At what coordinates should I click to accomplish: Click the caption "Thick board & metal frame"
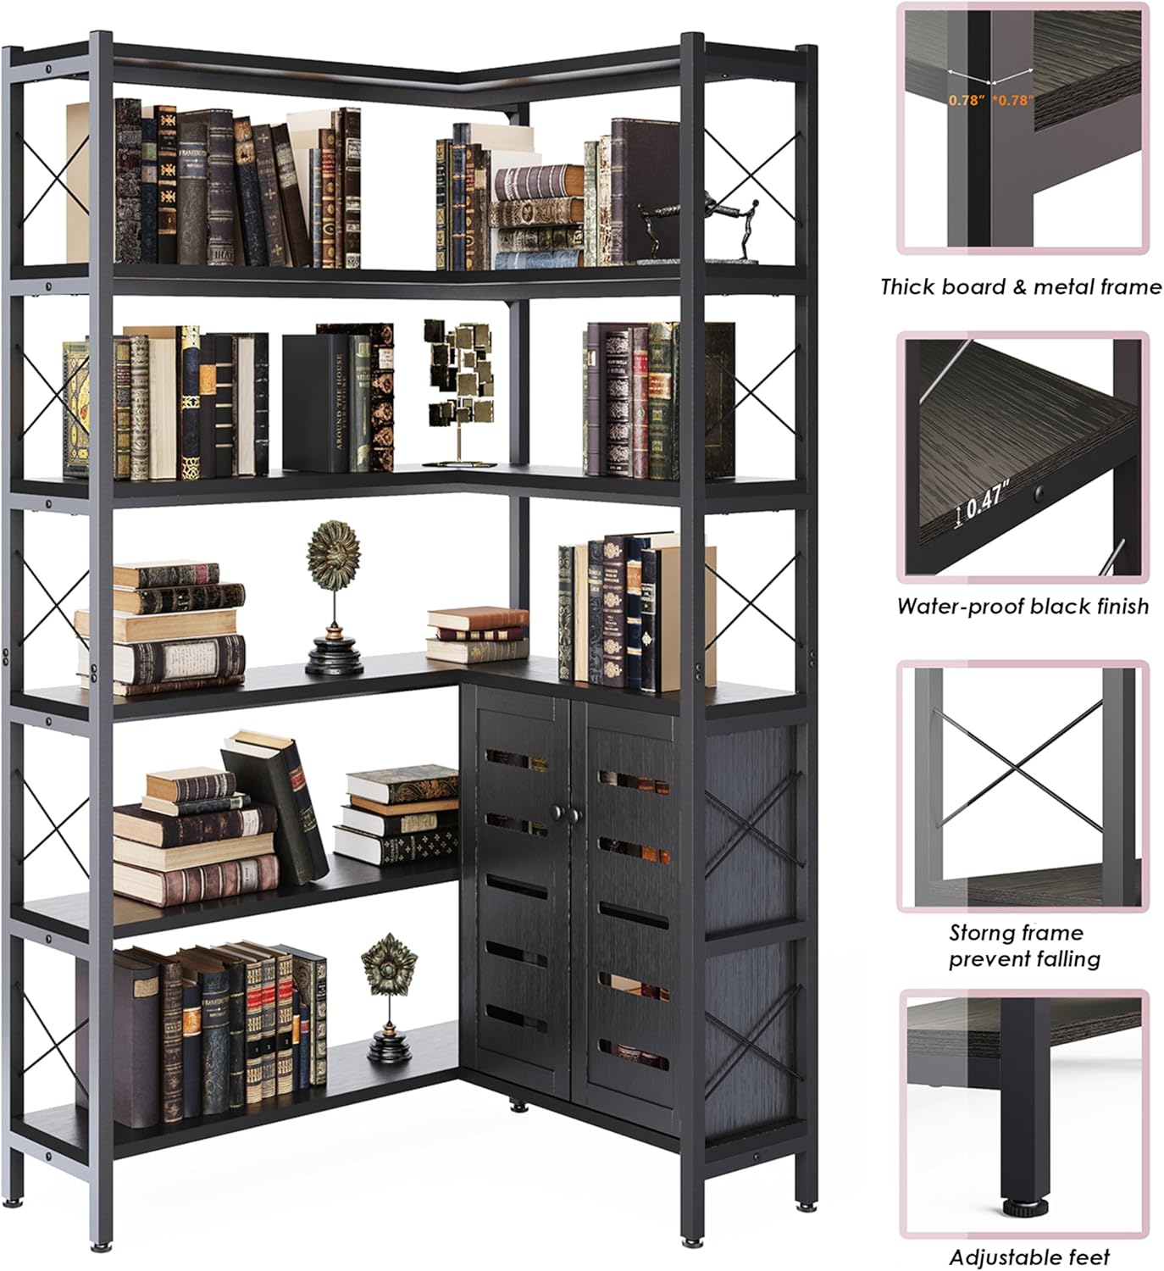coord(1021,287)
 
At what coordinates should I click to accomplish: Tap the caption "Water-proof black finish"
coord(1023,607)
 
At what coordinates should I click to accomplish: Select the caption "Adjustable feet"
coord(1029,1257)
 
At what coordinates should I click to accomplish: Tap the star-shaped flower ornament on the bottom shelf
coord(389,996)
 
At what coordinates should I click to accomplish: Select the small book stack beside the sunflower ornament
coord(477,634)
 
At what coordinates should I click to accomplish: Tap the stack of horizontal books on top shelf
coord(539,208)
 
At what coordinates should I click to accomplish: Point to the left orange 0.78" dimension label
coord(966,100)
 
